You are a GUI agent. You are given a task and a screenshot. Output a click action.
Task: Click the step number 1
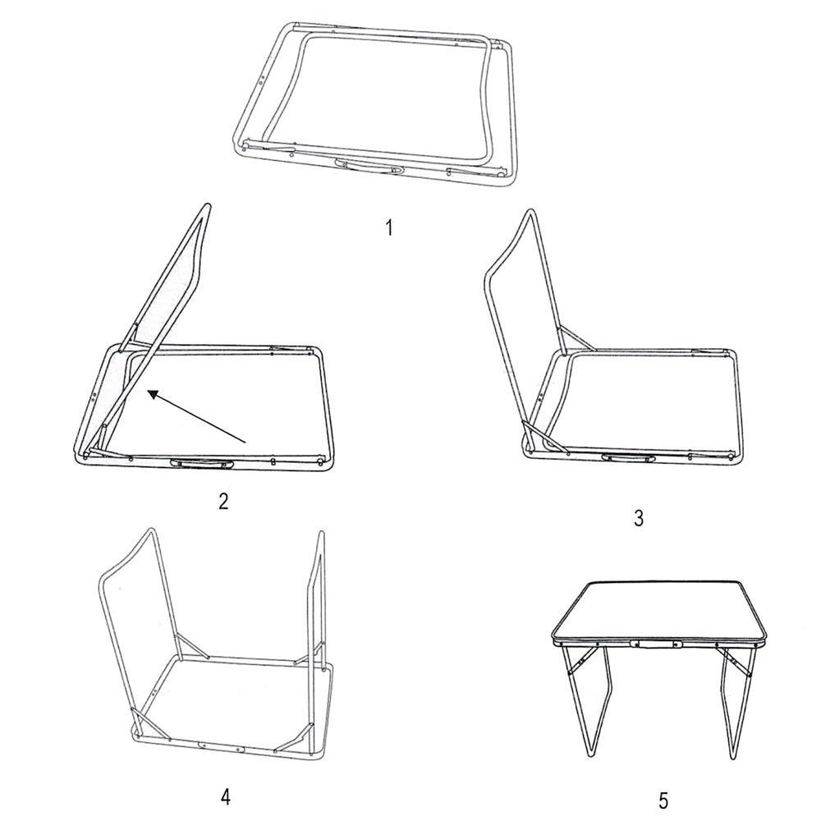click(389, 227)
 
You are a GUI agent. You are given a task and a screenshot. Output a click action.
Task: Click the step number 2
click(223, 502)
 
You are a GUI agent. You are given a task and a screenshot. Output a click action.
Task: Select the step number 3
click(639, 518)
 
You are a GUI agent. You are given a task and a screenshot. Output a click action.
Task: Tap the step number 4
click(225, 797)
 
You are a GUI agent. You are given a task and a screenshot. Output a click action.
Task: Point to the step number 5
click(663, 801)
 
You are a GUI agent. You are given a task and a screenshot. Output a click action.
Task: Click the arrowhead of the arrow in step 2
click(153, 394)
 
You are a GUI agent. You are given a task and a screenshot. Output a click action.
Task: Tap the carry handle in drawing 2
click(202, 463)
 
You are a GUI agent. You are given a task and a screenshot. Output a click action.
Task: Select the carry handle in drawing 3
click(628, 458)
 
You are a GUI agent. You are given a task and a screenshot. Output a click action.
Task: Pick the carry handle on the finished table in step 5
click(657, 644)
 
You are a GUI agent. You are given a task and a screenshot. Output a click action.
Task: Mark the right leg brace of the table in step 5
click(736, 662)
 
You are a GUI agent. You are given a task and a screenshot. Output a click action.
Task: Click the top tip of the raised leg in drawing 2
click(208, 205)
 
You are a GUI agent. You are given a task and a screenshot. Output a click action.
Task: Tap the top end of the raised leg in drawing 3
click(531, 212)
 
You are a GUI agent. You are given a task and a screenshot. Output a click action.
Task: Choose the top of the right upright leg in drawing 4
click(320, 534)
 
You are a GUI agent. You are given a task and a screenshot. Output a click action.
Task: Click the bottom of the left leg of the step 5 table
click(590, 755)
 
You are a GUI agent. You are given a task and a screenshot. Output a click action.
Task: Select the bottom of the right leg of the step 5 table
click(734, 757)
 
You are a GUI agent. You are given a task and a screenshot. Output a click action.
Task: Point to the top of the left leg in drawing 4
click(151, 530)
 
